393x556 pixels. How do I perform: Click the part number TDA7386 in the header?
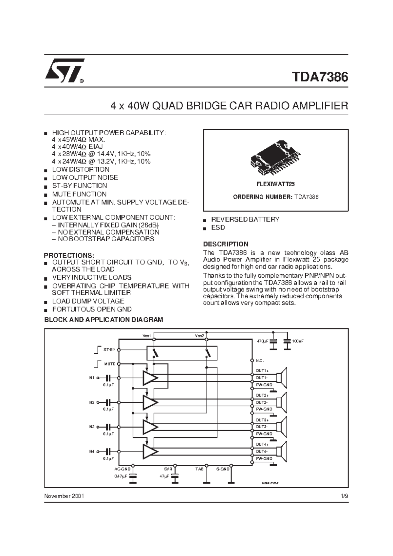point(320,77)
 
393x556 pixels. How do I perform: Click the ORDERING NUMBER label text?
point(262,197)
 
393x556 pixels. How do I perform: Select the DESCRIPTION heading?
point(226,244)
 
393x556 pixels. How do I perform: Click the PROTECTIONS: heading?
point(69,255)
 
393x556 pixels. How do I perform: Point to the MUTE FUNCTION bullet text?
point(79,194)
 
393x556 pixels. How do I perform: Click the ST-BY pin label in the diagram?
point(109,350)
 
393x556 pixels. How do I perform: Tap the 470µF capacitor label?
point(263,341)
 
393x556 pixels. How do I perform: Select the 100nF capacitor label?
point(298,341)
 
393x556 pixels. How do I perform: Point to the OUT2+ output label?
point(262,396)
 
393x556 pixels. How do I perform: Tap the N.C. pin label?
point(260,361)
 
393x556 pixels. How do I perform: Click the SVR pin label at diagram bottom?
point(168,469)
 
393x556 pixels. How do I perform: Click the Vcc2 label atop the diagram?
point(199,336)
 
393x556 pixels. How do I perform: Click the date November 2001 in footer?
point(64,496)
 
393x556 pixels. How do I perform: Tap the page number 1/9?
point(344,496)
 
